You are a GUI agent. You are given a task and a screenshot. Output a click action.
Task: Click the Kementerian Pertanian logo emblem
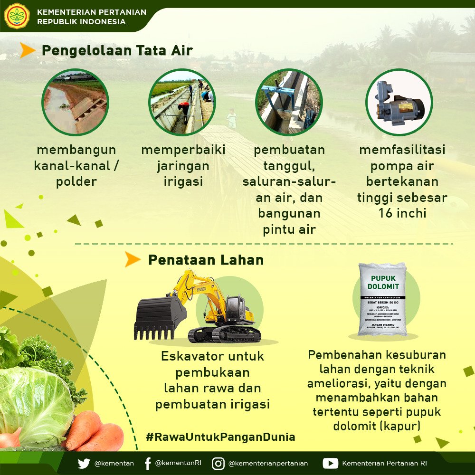(17, 16)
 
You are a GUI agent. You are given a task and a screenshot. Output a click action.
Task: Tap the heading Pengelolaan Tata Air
(117, 50)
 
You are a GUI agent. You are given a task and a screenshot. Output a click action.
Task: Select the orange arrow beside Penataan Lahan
(133, 259)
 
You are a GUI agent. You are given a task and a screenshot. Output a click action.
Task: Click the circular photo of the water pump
(399, 102)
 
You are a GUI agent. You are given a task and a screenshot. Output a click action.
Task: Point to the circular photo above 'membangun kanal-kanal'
(75, 102)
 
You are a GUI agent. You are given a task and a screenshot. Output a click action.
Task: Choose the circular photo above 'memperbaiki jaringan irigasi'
(183, 102)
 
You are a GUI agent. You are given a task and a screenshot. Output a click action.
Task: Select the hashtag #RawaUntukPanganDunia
(220, 437)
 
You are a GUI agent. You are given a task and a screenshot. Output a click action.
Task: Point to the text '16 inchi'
(402, 213)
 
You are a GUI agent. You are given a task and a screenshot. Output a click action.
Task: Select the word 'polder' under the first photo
(76, 182)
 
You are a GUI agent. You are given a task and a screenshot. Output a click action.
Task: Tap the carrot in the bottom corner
(93, 432)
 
